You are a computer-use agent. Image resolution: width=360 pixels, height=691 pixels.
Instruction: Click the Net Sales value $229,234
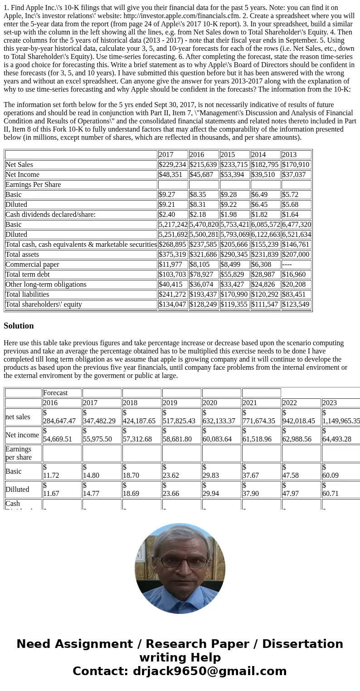(x=172, y=165)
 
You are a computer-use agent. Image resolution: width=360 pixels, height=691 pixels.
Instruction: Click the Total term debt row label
(x=28, y=274)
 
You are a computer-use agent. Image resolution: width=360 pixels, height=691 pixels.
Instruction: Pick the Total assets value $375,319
(x=172, y=255)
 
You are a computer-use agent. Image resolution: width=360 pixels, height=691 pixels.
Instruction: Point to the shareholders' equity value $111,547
(x=265, y=304)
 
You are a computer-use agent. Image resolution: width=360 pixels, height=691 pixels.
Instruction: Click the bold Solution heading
(x=19, y=326)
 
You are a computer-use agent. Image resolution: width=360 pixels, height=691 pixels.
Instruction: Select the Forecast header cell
(x=55, y=393)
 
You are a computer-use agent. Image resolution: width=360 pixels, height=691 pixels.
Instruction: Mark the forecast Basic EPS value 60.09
(x=330, y=475)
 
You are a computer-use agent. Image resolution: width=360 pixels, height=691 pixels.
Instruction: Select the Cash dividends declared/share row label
(x=50, y=215)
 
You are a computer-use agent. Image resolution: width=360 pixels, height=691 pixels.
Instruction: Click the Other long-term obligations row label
(x=46, y=284)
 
